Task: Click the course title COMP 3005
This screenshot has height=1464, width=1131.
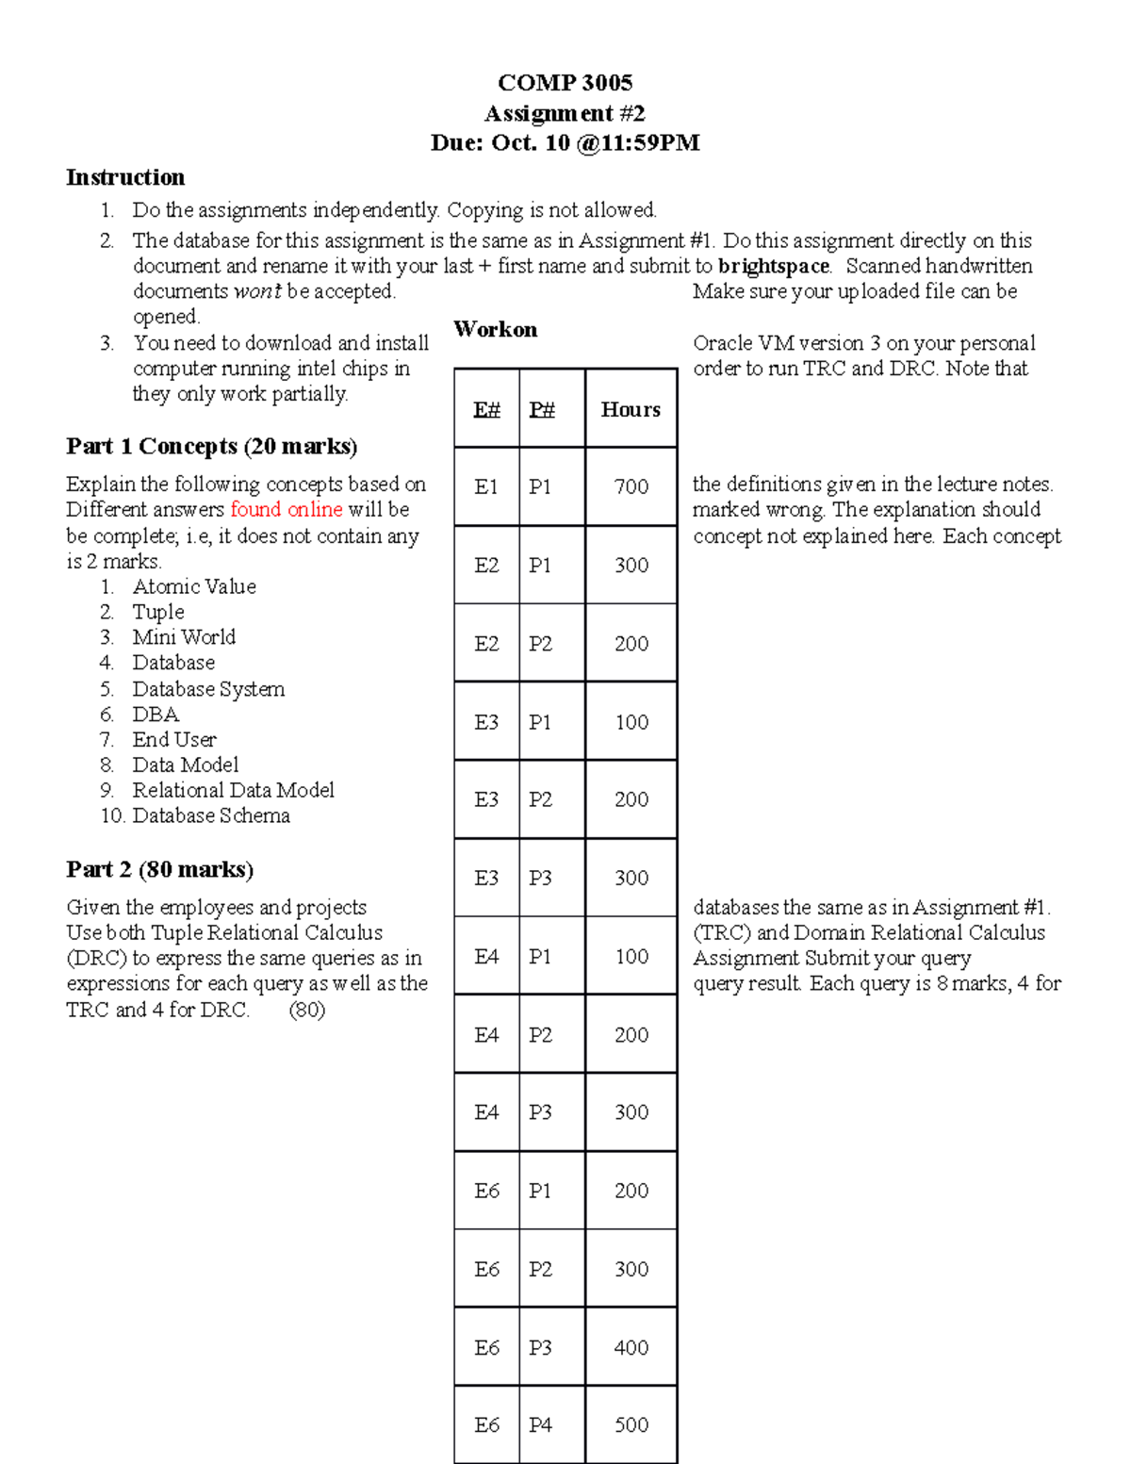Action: (565, 83)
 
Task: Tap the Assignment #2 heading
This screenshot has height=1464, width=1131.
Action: (565, 113)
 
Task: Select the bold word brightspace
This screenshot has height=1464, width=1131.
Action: (773, 266)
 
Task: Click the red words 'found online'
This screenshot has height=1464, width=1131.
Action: (287, 510)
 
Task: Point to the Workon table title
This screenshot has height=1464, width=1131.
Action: (495, 330)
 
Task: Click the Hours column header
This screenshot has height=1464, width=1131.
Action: (631, 409)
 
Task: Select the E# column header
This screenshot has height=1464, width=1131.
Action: (486, 409)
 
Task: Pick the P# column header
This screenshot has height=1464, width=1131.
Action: (542, 409)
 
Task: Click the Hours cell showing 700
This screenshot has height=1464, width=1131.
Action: (631, 486)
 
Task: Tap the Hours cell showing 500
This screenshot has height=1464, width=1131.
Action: (631, 1424)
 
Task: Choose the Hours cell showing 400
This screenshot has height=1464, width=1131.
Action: (631, 1347)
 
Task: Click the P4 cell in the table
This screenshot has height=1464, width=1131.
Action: (540, 1424)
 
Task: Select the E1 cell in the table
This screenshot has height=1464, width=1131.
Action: (486, 486)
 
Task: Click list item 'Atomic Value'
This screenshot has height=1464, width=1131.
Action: (194, 586)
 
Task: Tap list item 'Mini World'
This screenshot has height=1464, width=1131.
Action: (184, 637)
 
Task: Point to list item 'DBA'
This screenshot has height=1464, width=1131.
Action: (156, 715)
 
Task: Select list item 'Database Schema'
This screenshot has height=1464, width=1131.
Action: (211, 815)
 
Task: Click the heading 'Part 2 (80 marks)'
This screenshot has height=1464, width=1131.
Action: (159, 869)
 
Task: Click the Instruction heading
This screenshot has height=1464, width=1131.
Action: (125, 177)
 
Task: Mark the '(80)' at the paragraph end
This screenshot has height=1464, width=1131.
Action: (307, 1010)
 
